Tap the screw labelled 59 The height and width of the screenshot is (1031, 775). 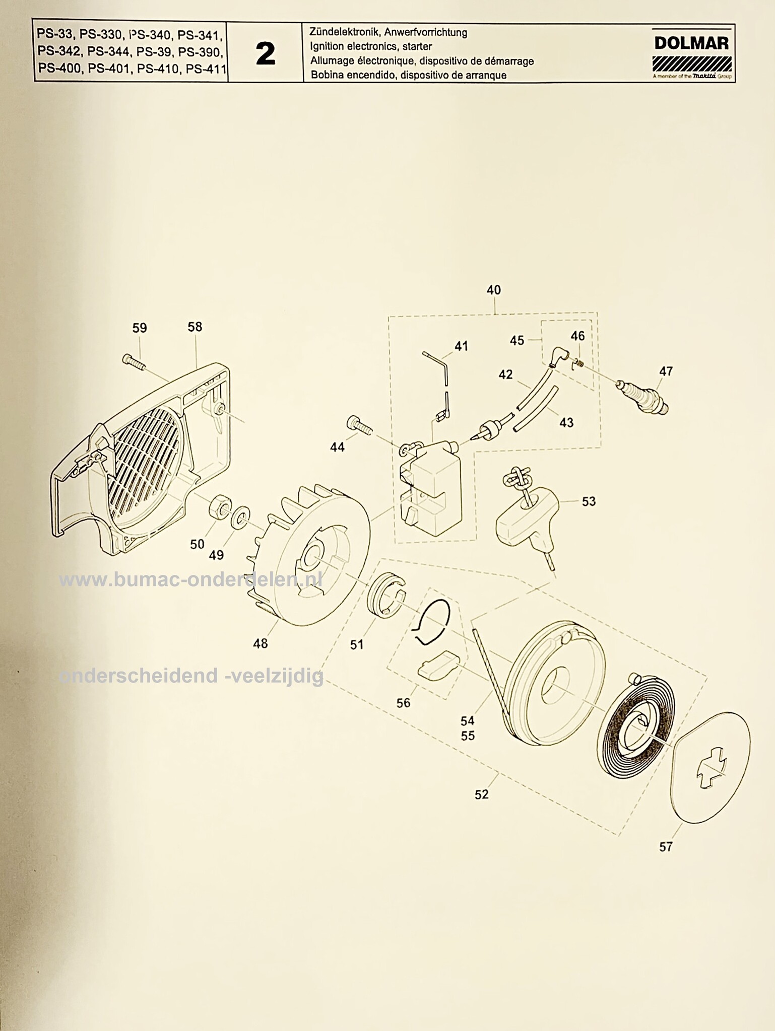(133, 361)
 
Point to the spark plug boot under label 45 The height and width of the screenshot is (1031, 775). (558, 358)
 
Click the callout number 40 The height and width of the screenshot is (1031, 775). (494, 290)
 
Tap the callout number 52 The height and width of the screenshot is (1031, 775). (482, 794)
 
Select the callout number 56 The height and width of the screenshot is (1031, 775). (404, 703)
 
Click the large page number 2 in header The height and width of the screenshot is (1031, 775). (266, 54)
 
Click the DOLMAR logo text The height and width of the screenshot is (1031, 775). (691, 43)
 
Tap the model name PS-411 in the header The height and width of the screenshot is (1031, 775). (206, 68)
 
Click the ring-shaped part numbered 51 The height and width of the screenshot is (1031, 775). (386, 595)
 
